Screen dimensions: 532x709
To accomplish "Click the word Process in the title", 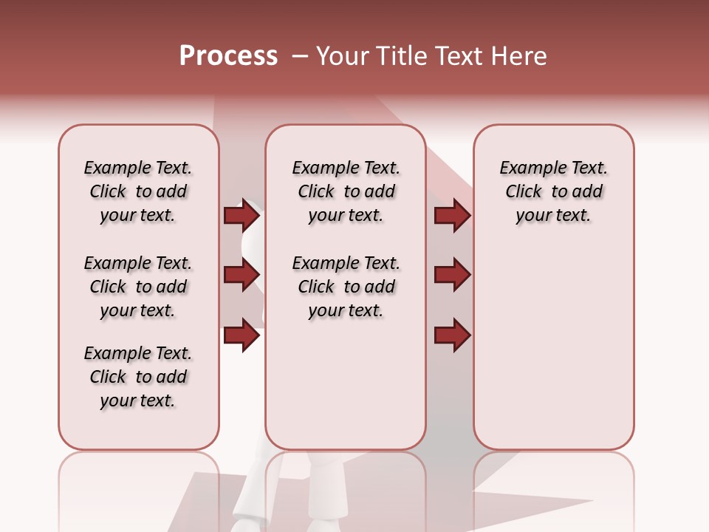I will click(228, 56).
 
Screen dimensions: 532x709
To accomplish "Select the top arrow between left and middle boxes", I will click(242, 215).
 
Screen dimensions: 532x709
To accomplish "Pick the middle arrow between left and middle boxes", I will click(242, 275).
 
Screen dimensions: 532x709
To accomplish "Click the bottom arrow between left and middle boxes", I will click(242, 335).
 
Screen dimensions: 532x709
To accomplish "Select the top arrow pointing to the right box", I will click(452, 215).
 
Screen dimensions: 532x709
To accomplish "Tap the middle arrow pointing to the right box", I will click(452, 275).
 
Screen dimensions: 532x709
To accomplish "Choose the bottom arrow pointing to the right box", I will click(452, 335).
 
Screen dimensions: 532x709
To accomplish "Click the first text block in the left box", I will click(138, 191).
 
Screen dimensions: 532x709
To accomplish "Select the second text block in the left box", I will click(138, 287).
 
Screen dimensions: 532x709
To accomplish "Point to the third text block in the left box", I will click(138, 377).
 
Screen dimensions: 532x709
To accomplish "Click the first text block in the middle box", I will click(346, 191).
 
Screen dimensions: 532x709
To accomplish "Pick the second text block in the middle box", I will click(346, 287).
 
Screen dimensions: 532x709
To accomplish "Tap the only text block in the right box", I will click(553, 191).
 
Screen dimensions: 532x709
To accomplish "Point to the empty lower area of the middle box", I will click(346, 384).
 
